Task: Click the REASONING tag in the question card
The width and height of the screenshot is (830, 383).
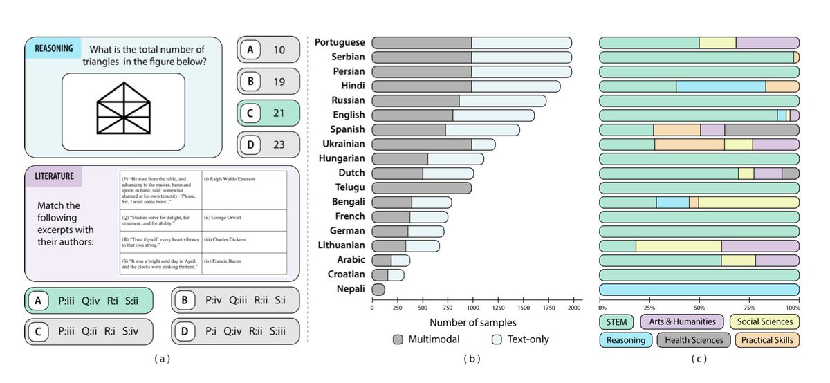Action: click(x=54, y=48)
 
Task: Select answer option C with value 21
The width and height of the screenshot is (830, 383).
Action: click(x=268, y=113)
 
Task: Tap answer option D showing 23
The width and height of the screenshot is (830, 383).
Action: click(x=268, y=144)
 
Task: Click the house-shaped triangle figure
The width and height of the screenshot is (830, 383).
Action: click(x=123, y=111)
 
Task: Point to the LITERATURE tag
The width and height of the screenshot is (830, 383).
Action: click(x=55, y=176)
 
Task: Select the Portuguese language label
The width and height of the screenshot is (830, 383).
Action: click(x=340, y=43)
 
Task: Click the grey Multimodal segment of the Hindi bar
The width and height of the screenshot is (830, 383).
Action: click(x=422, y=86)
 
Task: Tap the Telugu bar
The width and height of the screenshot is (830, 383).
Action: click(x=422, y=187)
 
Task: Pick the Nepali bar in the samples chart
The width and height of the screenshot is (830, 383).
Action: click(x=378, y=288)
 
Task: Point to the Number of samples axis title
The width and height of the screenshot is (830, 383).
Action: click(x=473, y=322)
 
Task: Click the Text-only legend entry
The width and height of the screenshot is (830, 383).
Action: click(x=519, y=339)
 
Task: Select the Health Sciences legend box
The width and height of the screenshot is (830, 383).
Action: click(x=693, y=339)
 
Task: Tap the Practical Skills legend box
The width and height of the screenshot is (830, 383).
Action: click(x=766, y=339)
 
